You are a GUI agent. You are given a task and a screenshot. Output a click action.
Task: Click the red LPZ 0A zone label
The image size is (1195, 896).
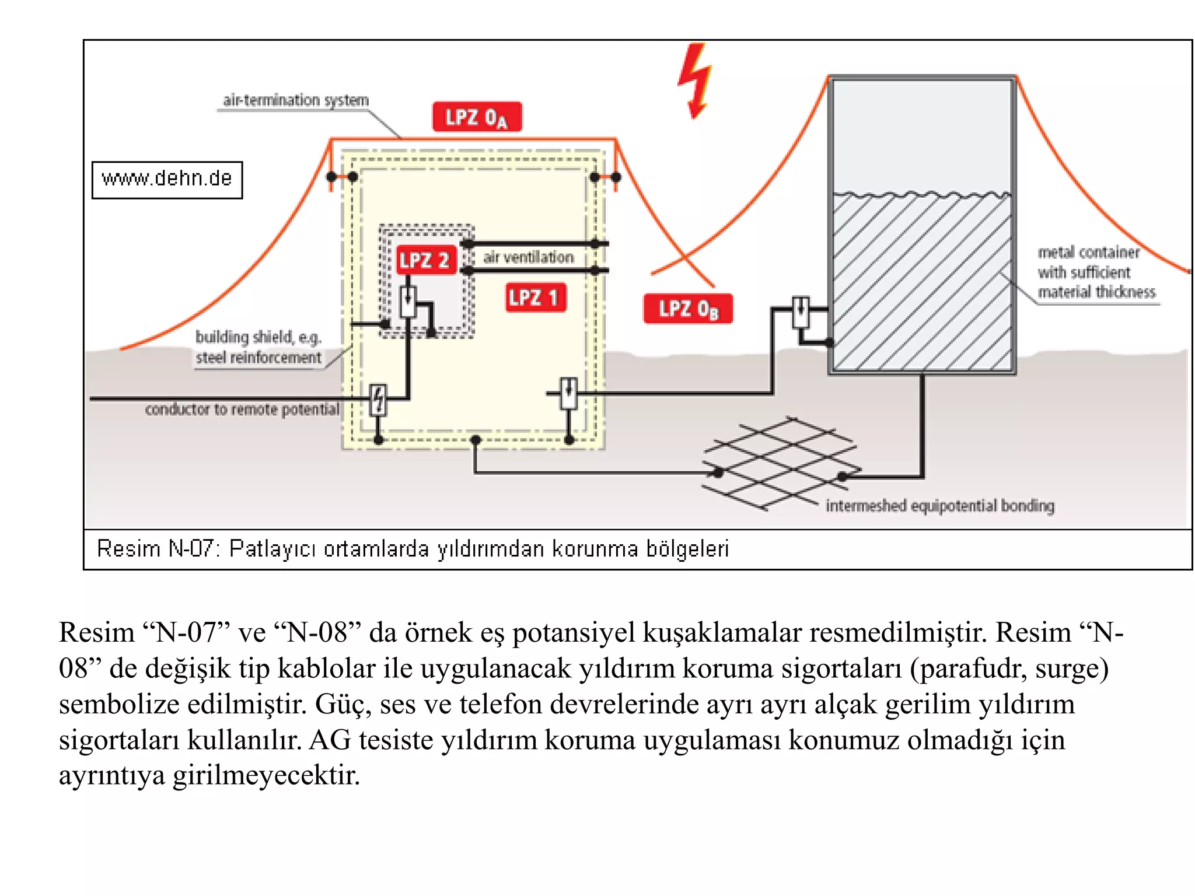476,117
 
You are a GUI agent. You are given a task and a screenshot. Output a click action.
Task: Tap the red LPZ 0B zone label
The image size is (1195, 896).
687,309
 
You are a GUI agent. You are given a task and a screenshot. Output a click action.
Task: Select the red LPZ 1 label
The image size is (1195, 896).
535,298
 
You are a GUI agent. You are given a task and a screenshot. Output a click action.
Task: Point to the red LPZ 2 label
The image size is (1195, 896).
425,260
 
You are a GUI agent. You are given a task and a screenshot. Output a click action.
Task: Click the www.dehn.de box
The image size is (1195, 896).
167,180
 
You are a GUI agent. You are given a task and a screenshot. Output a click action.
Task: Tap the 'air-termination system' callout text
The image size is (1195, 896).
295,100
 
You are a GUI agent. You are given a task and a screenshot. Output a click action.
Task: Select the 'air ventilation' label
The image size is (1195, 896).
528,257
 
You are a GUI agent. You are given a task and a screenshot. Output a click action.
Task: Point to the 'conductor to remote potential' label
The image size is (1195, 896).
242,409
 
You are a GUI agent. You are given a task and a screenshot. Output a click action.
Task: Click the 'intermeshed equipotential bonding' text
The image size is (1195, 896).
939,506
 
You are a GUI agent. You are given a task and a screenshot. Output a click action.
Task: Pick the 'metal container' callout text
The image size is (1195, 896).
1088,253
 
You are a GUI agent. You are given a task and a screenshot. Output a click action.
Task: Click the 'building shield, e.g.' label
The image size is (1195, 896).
258,337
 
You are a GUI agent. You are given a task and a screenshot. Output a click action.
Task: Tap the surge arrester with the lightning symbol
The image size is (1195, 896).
378,400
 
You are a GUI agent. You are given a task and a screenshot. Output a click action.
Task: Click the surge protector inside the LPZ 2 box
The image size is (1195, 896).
408,302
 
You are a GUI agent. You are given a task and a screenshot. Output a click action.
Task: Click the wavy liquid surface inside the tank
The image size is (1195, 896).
921,194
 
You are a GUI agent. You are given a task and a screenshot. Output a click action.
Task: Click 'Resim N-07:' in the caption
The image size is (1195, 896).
157,549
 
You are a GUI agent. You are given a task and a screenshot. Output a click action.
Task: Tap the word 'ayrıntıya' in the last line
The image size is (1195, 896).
111,776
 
